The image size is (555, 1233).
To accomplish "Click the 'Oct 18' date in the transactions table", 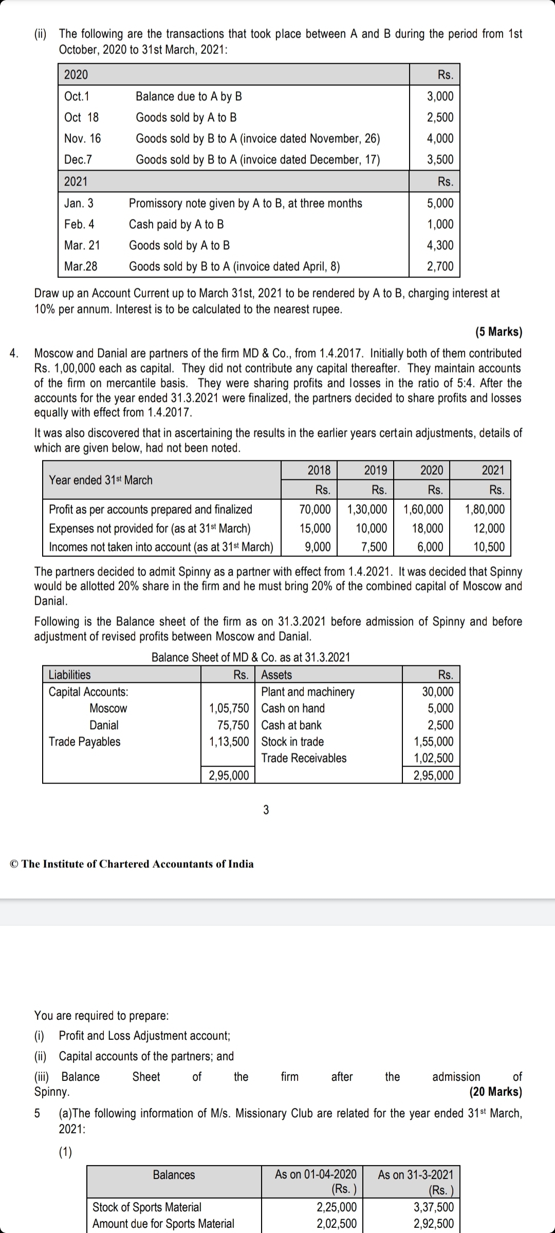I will [81, 118].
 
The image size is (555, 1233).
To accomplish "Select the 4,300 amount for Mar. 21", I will [440, 246].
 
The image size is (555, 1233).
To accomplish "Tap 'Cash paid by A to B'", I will [176, 225].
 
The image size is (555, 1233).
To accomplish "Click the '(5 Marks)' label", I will [498, 332].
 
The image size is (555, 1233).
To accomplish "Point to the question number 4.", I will [14, 353].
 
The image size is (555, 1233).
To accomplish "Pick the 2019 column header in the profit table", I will [375, 470].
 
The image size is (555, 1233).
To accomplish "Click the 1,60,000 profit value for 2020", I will [423, 510].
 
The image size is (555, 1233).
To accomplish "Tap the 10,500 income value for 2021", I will [489, 547].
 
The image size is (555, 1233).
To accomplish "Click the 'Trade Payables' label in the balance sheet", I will [84, 742].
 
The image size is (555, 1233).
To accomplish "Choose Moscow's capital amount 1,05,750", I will [229, 708].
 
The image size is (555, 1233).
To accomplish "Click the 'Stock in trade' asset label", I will [292, 742].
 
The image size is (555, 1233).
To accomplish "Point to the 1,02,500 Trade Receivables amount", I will [434, 758].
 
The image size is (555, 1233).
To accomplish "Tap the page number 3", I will [266, 810].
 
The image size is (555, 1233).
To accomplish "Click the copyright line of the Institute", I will [132, 864].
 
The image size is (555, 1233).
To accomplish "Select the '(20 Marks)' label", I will [495, 1091].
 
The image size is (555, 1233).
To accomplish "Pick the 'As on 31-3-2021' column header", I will [416, 1174].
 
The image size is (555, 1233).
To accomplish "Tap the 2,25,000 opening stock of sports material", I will [336, 1207].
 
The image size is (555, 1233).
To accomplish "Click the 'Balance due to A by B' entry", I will [189, 97].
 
